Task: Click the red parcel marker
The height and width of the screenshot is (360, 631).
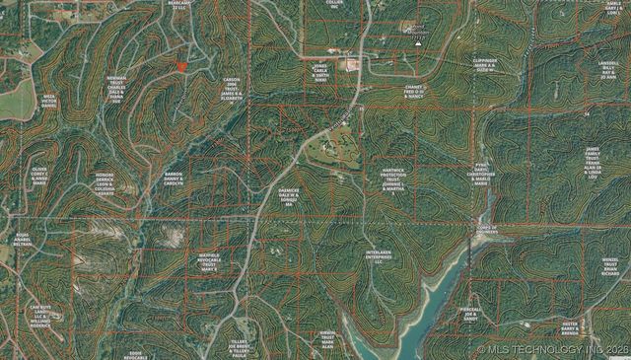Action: pos(181,65)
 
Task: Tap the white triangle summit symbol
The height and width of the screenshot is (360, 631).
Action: pos(417,43)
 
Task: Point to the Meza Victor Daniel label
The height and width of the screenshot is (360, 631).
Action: pos(49,102)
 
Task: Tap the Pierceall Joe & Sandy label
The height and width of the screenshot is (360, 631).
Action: pos(471,314)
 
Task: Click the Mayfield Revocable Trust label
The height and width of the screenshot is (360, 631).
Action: pos(209,261)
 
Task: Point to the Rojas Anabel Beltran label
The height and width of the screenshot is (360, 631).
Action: pos(23,242)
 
